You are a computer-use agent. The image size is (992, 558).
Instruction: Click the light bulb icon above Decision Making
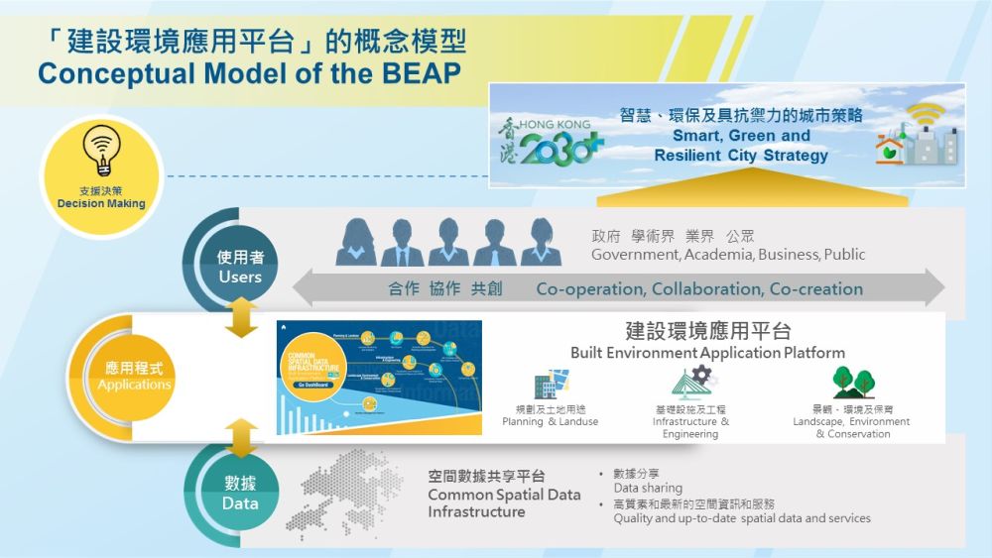[100, 152]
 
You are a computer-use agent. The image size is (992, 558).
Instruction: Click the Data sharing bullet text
[648, 488]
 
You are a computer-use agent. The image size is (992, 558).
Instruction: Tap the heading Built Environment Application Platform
[707, 352]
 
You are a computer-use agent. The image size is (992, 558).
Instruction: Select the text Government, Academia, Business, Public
[728, 255]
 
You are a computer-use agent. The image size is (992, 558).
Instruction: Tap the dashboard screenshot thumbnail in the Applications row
[379, 378]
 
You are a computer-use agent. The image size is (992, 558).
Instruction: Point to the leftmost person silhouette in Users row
[355, 242]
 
